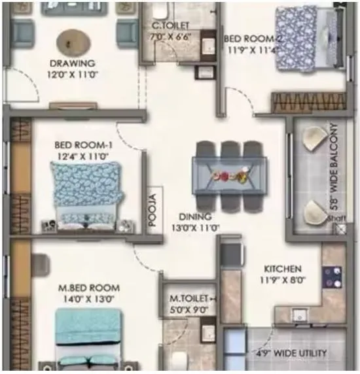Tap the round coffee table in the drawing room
(x=70, y=43)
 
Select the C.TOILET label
(x=166, y=26)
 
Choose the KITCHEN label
(x=282, y=269)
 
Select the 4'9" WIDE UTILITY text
(x=291, y=354)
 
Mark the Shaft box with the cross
(x=340, y=229)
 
